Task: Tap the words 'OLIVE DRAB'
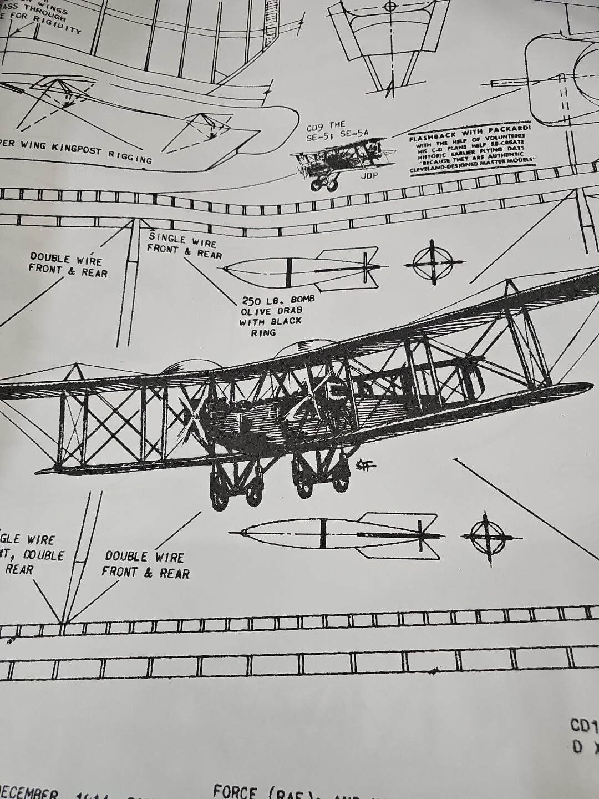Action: (x=271, y=311)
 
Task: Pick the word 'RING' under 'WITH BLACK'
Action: (x=263, y=332)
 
